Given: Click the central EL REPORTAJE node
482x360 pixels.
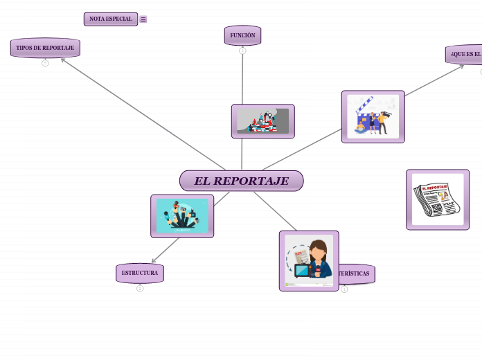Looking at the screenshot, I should (241, 181).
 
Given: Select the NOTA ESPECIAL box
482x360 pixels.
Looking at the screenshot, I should (110, 19).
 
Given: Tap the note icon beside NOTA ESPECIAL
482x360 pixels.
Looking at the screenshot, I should (143, 19).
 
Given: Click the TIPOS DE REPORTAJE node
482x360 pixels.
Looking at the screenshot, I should (45, 48).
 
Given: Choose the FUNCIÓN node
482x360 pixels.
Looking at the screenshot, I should (242, 35).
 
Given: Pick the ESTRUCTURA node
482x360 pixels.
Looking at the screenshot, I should (140, 273).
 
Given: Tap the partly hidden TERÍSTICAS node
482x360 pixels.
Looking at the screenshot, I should (356, 273).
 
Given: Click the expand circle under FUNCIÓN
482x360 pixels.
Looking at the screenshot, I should (242, 51).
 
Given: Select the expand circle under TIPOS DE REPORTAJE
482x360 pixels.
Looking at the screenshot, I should (45, 63).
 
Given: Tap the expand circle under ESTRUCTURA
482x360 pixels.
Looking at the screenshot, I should (140, 289).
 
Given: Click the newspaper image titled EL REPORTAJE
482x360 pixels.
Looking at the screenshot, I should (438, 199).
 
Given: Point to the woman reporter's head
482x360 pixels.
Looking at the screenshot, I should (318, 249).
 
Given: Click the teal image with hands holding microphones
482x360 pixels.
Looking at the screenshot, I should (182, 216).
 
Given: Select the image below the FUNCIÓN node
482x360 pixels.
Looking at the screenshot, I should (262, 121).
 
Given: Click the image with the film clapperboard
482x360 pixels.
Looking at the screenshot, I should (373, 116).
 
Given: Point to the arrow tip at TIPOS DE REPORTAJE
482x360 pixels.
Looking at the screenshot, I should (62, 59).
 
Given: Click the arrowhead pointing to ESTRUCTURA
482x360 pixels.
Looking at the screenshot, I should (153, 262).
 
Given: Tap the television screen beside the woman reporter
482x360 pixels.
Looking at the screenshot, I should (303, 271).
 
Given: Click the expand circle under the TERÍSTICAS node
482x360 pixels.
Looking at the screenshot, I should (344, 289).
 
